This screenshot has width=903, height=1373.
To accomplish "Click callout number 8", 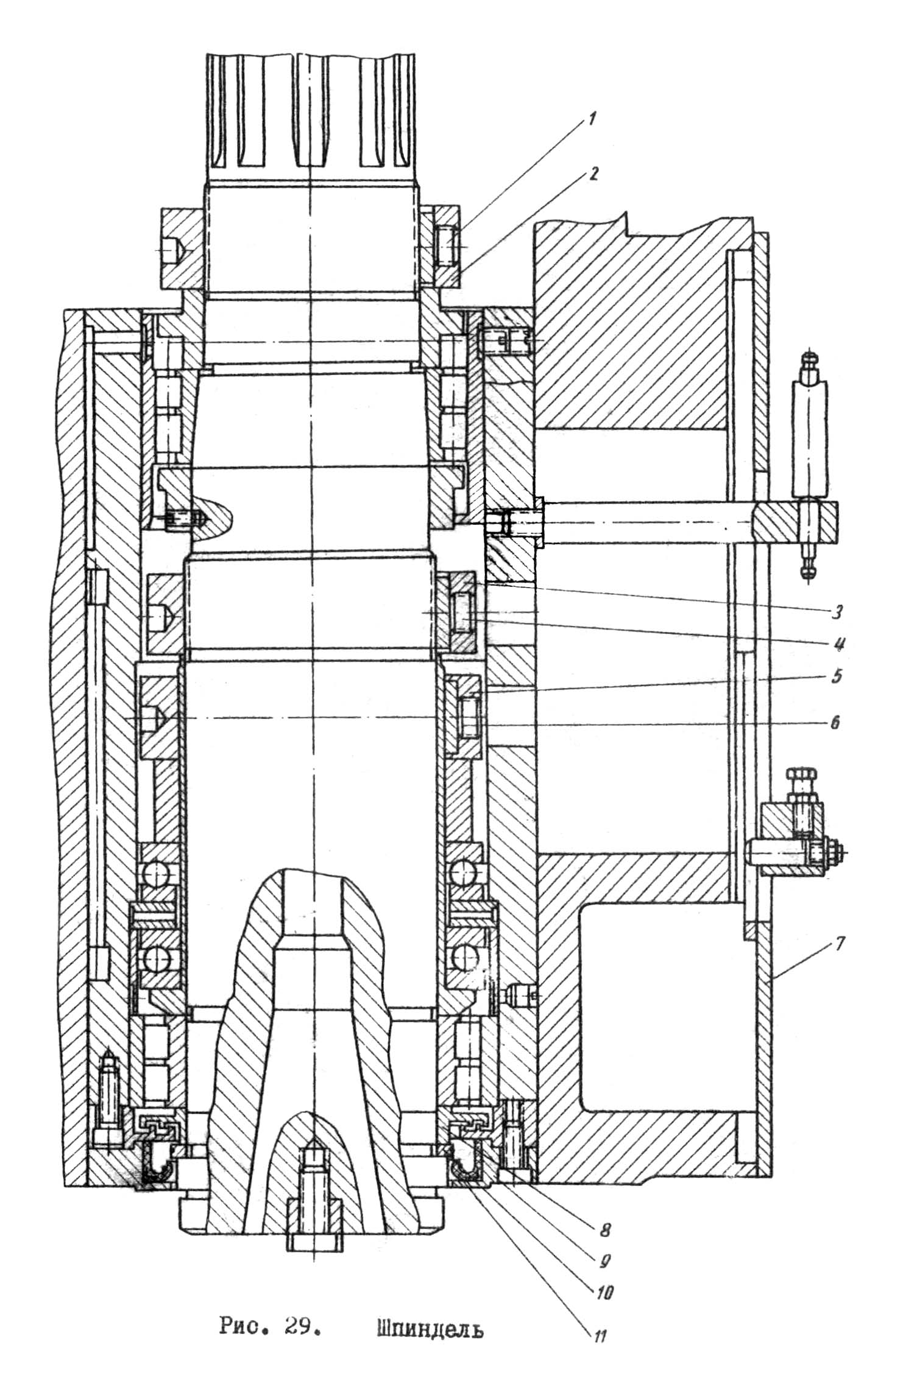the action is [x=604, y=1228].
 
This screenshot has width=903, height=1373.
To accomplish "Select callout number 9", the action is [x=605, y=1257].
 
